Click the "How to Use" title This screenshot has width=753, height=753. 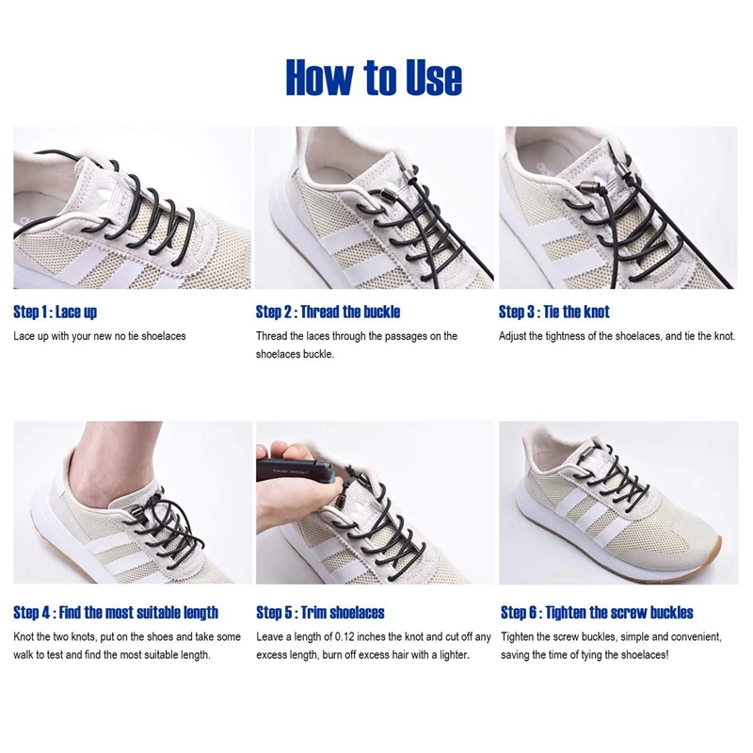tap(374, 78)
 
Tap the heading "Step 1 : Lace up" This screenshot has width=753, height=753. tap(55, 312)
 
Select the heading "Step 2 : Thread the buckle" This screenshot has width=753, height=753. tap(328, 312)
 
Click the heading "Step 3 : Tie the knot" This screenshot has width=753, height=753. tap(553, 312)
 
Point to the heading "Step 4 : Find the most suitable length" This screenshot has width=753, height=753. tap(116, 613)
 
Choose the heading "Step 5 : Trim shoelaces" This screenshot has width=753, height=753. tap(320, 613)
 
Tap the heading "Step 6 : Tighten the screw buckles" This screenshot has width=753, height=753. tap(597, 613)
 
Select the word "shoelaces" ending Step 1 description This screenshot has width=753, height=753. tap(164, 336)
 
